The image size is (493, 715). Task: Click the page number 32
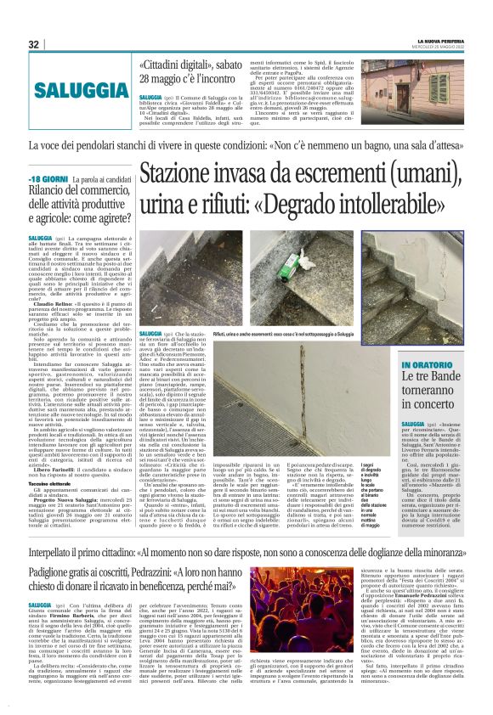tap(33, 44)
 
